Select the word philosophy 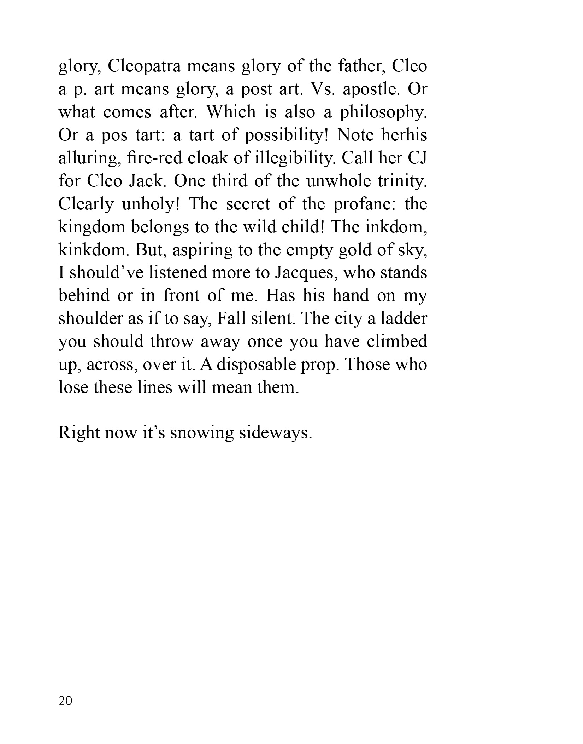pos(383,112)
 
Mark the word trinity pos(402,181)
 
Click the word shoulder pos(90,319)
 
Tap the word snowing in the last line pos(202,434)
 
